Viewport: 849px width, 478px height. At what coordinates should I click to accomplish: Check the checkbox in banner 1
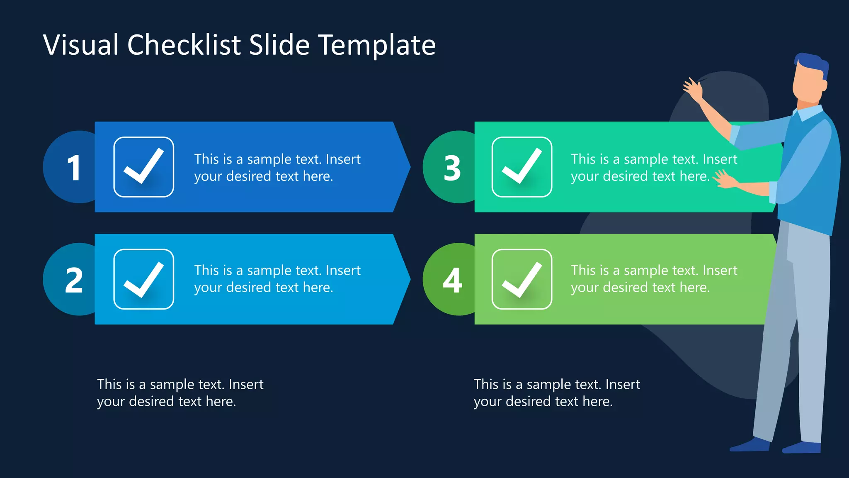[x=143, y=167]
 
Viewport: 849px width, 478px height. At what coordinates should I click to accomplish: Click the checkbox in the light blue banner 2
[x=143, y=279]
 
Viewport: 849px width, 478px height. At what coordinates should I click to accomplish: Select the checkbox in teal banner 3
[x=522, y=167]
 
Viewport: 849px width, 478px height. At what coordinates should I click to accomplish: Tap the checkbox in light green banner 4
[x=522, y=279]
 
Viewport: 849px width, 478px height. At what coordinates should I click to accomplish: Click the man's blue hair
[x=813, y=64]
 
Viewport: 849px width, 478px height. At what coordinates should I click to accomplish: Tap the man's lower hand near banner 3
[x=725, y=180]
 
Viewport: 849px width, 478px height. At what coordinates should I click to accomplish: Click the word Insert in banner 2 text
[x=343, y=271]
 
